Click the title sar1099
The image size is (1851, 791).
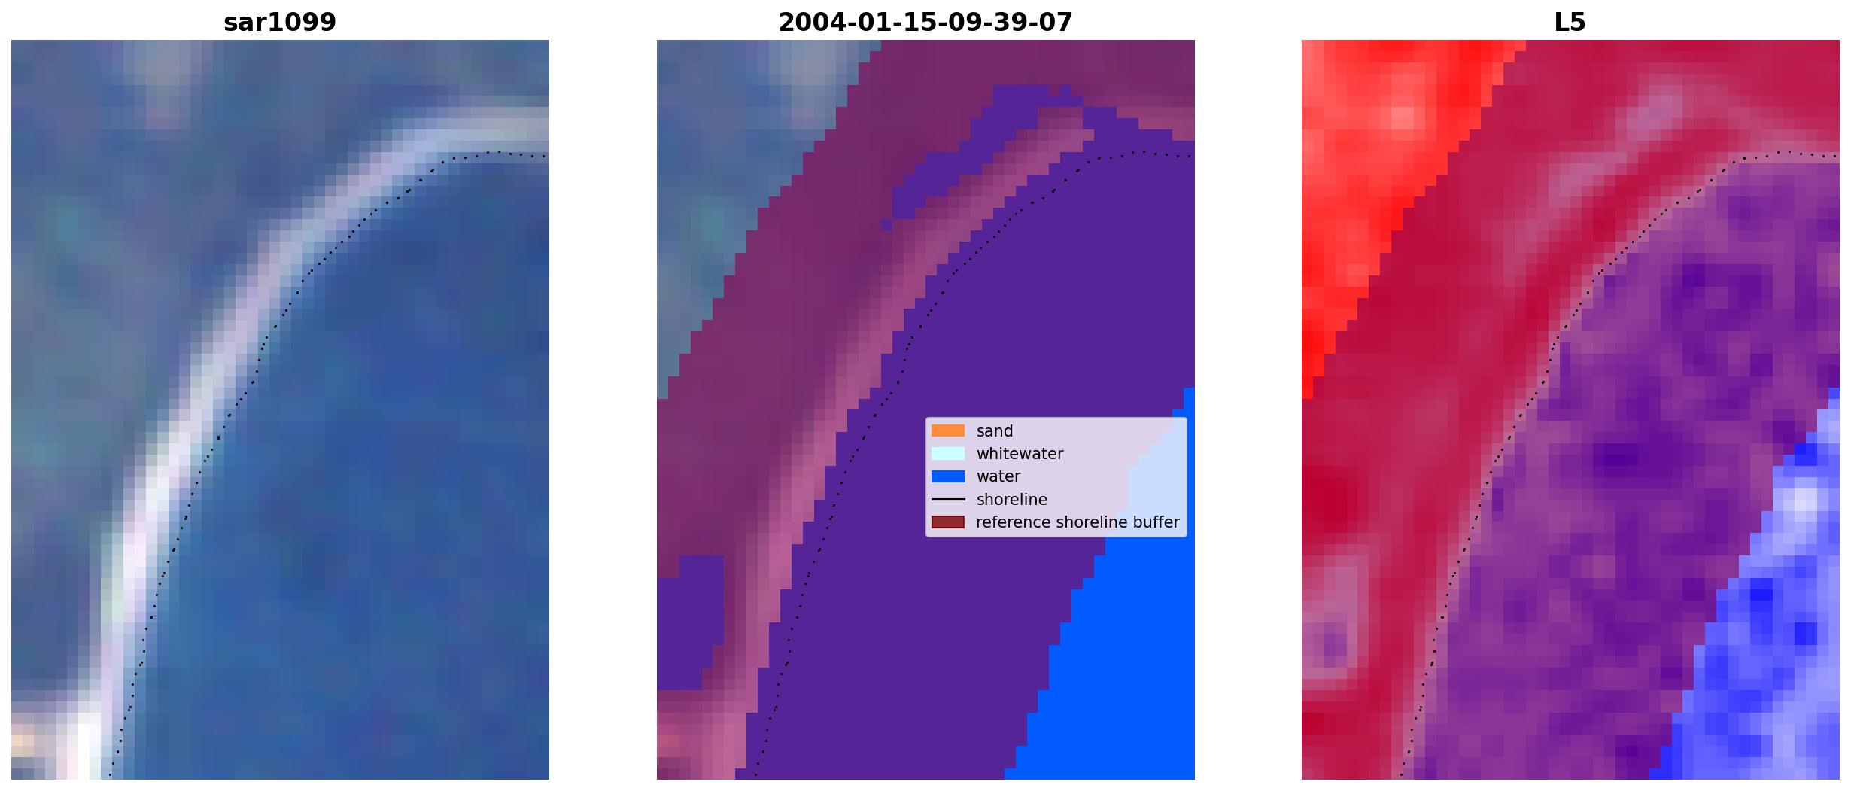[x=280, y=23]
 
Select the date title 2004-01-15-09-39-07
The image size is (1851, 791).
[x=925, y=23]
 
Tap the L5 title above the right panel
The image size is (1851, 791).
[x=1570, y=23]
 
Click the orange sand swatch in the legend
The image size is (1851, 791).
[x=948, y=430]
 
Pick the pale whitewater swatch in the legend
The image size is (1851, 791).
[x=948, y=453]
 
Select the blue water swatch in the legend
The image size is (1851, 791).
[x=948, y=476]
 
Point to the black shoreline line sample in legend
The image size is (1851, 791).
[x=948, y=499]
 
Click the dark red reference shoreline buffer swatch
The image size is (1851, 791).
[x=948, y=522]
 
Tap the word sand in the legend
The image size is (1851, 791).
[x=995, y=431]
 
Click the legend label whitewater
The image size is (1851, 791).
[x=1020, y=454]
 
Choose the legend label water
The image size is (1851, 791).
[x=998, y=476]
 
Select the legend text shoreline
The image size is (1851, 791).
[x=1012, y=500]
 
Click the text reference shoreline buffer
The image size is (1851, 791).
[x=1077, y=522]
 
